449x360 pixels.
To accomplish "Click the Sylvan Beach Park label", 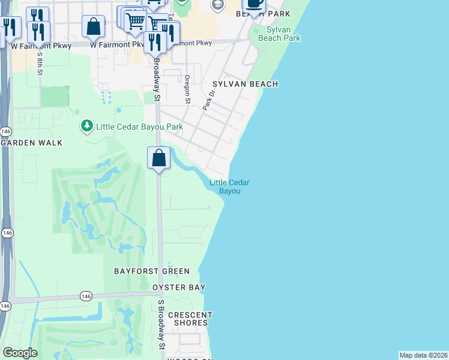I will click(x=279, y=33).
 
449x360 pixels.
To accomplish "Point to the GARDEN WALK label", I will click(x=32, y=143).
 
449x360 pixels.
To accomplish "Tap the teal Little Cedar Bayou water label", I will click(x=229, y=187).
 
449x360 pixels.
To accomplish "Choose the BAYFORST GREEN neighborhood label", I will click(x=152, y=271).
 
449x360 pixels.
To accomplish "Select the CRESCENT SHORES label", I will click(x=190, y=319).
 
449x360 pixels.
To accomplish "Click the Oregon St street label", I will click(x=187, y=89).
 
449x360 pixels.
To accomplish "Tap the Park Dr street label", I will click(x=208, y=100).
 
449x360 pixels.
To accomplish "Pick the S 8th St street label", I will click(x=40, y=62).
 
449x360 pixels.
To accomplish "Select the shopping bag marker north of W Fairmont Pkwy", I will click(x=93, y=27).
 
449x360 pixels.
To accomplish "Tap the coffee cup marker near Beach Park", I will click(x=254, y=4).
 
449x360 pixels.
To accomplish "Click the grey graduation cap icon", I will click(x=217, y=5).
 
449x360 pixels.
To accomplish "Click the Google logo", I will click(x=20, y=353).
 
